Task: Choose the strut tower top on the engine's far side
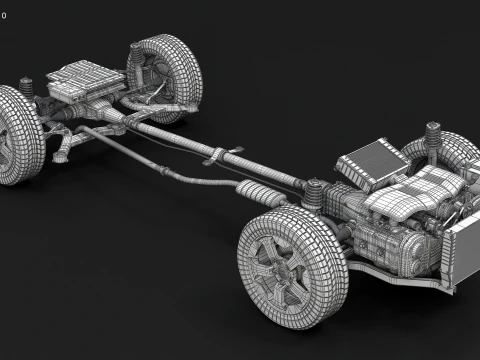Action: pos(434,131)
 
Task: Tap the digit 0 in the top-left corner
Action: pos(5,14)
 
